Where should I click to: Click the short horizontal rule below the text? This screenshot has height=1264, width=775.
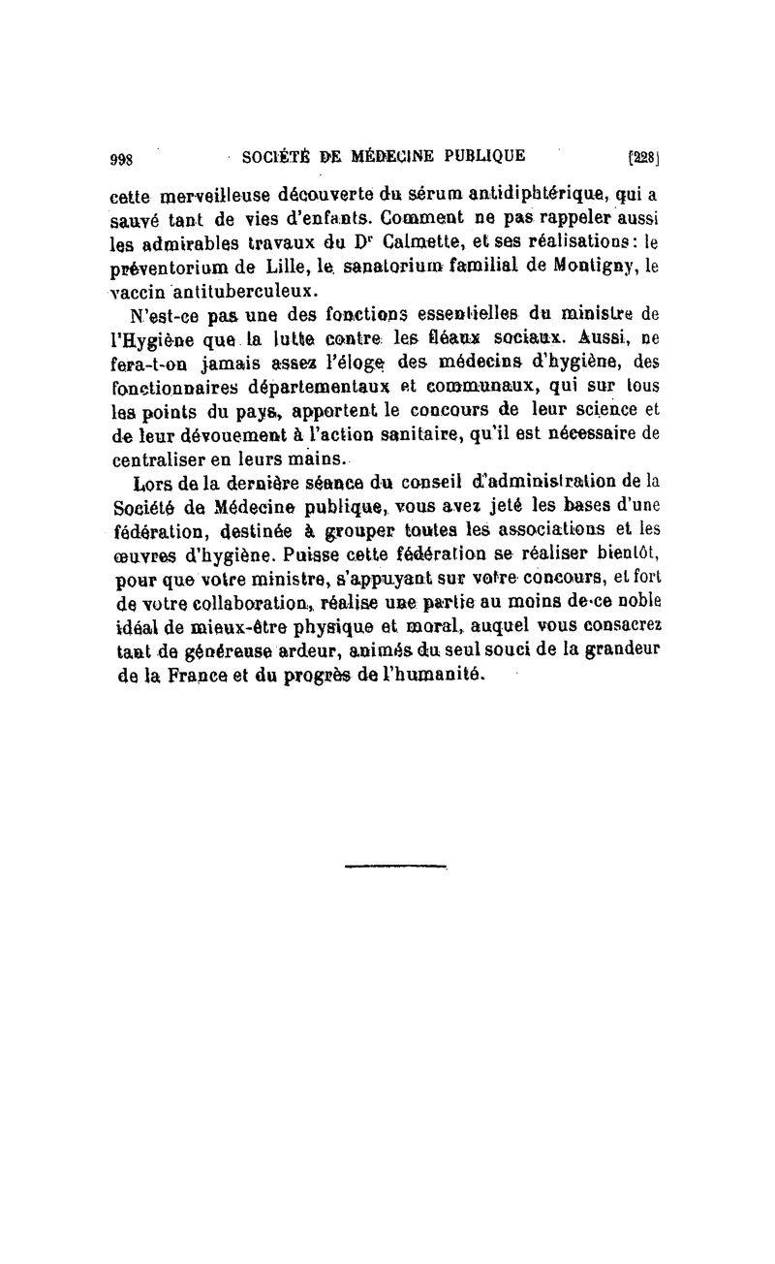coord(393,865)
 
